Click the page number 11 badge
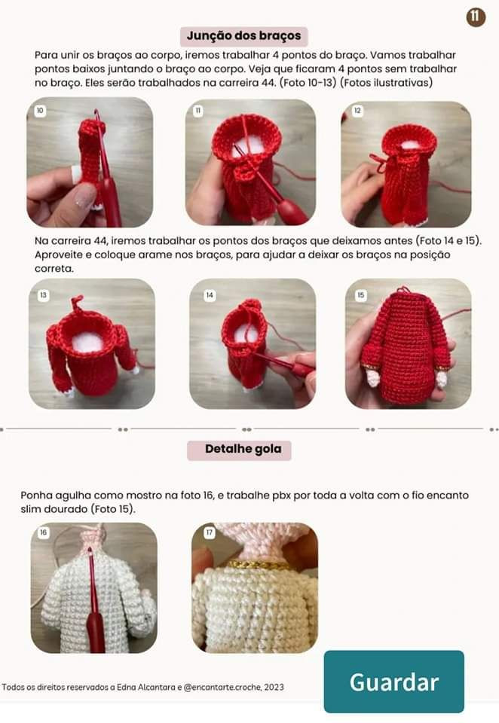pos(476,17)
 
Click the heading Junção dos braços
pos(243,36)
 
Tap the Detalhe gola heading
pos(239,450)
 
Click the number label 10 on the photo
pos(40,111)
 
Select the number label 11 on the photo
pos(198,111)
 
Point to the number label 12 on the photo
pos(357,111)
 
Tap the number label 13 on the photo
pos(44,295)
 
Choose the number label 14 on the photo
pos(210,295)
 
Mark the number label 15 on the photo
pos(360,295)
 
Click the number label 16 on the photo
pos(44,532)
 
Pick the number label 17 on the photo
pos(209,532)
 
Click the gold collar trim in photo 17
pos(255,564)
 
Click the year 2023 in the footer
pos(274,687)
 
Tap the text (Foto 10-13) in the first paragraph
pos(308,83)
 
